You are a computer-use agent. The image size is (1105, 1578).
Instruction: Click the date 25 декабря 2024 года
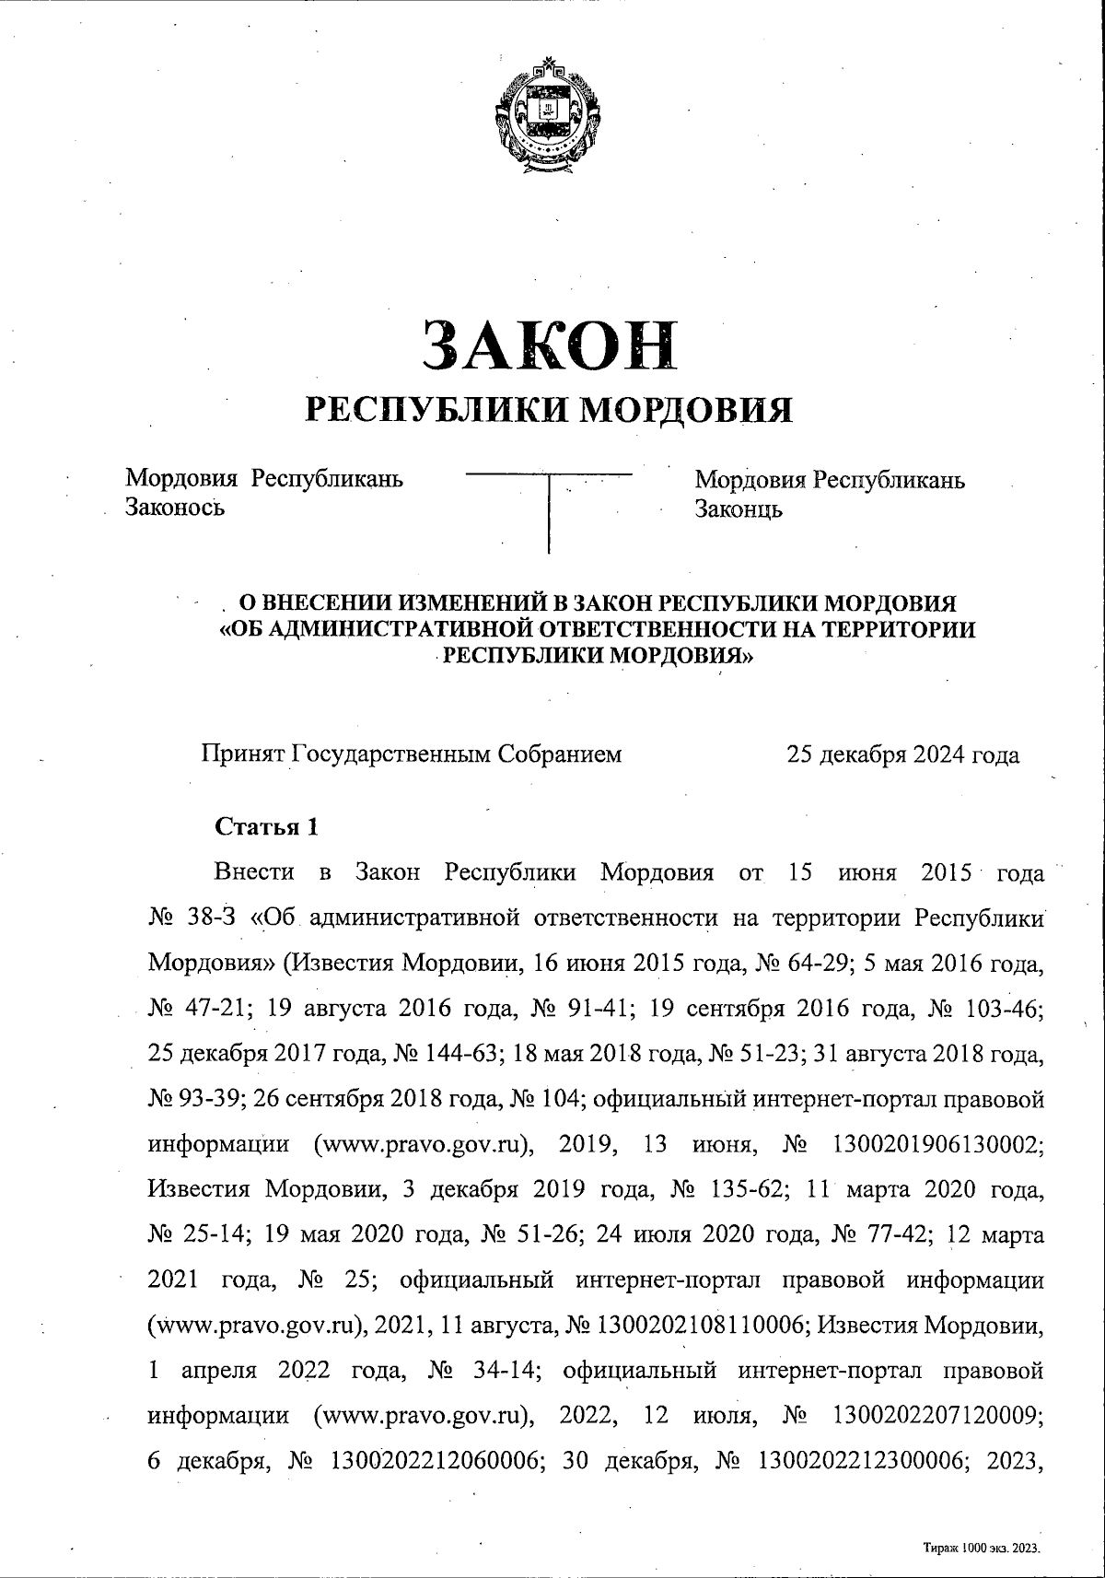pos(902,755)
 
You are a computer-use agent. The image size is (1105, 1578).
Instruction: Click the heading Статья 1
pos(266,826)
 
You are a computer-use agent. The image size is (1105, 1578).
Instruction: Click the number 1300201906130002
pos(937,1145)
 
